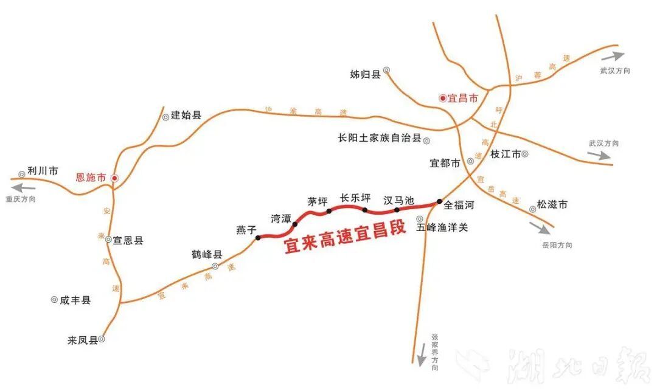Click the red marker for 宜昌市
coord(442,97)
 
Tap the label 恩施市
coord(91,178)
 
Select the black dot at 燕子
coord(258,238)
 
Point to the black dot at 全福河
coord(439,201)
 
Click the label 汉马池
coord(398,200)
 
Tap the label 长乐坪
coord(355,198)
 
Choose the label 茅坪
coord(318,201)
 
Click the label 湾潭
coord(280,217)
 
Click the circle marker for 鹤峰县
coord(215,266)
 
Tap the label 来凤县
coord(83,341)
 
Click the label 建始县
coord(186,115)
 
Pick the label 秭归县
coord(365,74)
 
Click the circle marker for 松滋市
coord(533,209)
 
